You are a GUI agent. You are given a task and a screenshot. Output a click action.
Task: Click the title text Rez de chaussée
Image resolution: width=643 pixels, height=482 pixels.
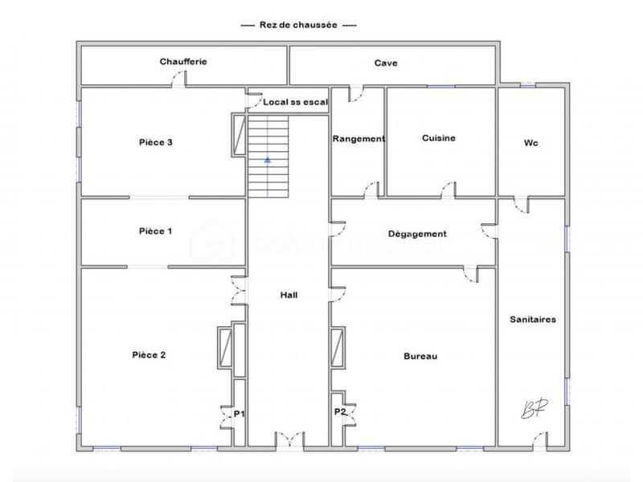[299, 26]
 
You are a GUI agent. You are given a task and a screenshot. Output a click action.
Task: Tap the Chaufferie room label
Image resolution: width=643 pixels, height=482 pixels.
[183, 62]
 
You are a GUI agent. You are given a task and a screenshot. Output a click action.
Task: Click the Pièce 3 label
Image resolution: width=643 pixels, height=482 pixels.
[156, 142]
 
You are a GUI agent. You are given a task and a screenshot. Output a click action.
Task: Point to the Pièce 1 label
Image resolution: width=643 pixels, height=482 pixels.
[155, 231]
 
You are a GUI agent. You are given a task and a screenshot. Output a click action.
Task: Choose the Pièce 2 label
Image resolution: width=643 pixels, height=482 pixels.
[149, 354]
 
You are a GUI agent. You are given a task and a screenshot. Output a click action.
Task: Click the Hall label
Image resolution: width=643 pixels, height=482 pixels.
[289, 296]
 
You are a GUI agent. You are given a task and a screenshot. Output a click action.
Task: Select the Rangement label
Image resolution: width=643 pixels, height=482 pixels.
[358, 138]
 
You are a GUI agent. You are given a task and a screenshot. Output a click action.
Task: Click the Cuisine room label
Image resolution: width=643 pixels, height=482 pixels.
[439, 138]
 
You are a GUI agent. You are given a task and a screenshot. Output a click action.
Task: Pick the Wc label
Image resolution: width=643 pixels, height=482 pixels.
[530, 143]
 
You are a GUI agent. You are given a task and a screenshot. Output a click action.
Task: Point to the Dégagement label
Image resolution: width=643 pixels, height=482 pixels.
[416, 234]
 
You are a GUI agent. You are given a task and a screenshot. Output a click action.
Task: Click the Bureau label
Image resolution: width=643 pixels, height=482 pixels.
[420, 356]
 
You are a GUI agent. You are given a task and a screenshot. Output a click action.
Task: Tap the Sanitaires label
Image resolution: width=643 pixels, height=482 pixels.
[533, 319]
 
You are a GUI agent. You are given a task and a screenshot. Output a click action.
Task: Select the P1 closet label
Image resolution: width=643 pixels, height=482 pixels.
[239, 414]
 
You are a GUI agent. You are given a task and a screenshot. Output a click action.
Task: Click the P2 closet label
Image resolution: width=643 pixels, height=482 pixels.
[340, 411]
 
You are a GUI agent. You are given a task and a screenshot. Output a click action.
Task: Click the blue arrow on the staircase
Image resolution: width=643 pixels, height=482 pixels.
[268, 160]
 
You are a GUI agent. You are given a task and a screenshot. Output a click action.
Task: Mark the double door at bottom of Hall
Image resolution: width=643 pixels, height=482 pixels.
[289, 439]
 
